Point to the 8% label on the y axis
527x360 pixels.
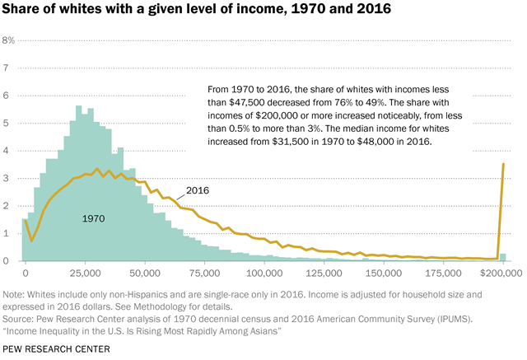[9, 40]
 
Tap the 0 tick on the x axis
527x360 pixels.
[26, 271]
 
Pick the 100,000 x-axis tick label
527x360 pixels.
[264, 271]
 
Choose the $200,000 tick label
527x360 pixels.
[499, 271]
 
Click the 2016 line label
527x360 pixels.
[198, 190]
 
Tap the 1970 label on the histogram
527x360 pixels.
[93, 218]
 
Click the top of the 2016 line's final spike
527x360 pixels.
[503, 164]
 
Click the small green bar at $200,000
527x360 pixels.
[503, 257]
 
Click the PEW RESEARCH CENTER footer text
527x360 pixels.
[57, 349]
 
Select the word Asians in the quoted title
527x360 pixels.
[263, 329]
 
